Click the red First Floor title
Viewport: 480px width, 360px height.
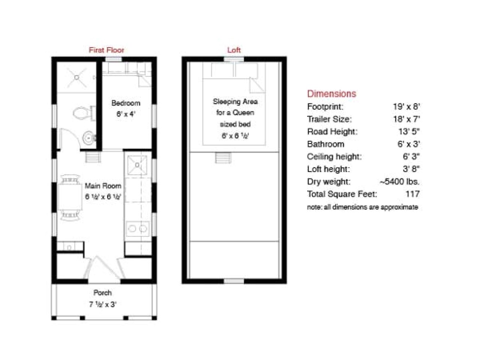[x=106, y=50]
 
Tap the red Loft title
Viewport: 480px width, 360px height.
[x=234, y=50]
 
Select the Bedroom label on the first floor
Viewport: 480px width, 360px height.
[x=126, y=103]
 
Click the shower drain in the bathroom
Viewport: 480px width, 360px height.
[x=76, y=77]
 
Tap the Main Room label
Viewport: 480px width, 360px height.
[x=103, y=186]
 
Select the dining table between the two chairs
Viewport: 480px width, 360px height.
[x=70, y=198]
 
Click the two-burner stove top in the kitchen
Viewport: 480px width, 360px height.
[x=137, y=228]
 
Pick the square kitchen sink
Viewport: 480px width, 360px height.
[x=137, y=165]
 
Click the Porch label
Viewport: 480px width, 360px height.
[x=102, y=293]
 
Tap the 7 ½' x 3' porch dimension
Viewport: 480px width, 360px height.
[x=102, y=304]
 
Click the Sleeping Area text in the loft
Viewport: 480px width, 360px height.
[x=235, y=102]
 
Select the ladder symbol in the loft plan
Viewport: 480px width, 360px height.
[x=223, y=157]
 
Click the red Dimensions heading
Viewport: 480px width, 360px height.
[x=331, y=94]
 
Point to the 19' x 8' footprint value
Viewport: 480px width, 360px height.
[x=406, y=106]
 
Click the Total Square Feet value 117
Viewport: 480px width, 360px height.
[x=412, y=194]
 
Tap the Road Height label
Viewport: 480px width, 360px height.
[x=332, y=132]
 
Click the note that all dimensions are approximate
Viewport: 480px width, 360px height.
[x=362, y=207]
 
